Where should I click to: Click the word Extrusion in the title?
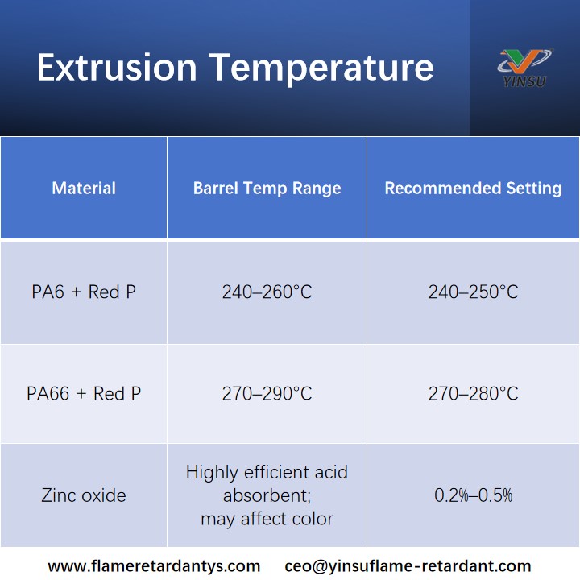tap(117, 68)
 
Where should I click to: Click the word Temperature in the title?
tap(321, 68)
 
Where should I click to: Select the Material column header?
tap(84, 188)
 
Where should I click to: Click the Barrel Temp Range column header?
tap(267, 188)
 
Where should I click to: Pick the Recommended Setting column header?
tap(473, 188)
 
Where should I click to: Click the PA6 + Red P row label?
tap(84, 292)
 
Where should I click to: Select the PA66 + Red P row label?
tap(84, 394)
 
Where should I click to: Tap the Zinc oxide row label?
tap(84, 495)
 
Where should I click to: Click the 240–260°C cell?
tap(267, 292)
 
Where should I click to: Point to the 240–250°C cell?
tap(473, 292)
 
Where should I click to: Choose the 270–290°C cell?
tap(267, 394)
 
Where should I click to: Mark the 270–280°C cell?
tap(473, 394)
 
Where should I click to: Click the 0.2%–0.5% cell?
tap(473, 495)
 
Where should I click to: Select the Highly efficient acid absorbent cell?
tap(267, 483)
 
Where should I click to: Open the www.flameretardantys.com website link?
tap(154, 566)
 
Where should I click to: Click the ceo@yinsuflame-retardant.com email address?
tap(408, 566)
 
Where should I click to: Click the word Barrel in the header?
tap(215, 188)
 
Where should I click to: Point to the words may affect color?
tap(267, 520)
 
